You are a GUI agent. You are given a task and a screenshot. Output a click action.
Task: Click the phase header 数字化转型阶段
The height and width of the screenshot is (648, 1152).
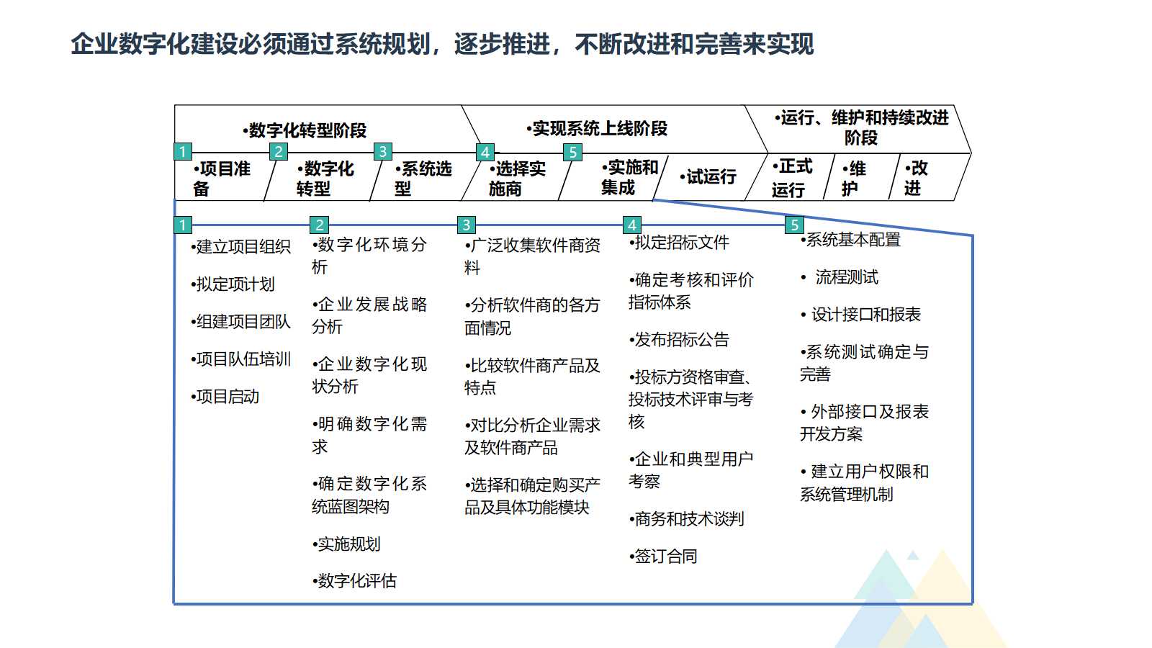(305, 130)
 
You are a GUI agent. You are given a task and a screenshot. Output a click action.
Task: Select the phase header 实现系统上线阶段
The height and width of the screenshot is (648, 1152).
(598, 129)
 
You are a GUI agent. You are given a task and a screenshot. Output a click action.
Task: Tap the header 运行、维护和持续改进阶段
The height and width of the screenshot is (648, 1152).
(862, 127)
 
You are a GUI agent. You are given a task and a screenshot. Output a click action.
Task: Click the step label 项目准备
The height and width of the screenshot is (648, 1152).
(221, 179)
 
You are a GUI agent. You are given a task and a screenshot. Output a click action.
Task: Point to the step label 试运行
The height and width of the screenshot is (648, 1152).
(709, 177)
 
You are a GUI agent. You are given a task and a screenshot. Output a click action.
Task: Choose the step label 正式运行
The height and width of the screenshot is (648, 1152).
(792, 178)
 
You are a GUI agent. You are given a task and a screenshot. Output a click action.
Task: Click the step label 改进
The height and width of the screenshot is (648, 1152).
(916, 178)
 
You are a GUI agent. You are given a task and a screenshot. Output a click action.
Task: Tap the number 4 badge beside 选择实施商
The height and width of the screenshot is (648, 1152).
(485, 152)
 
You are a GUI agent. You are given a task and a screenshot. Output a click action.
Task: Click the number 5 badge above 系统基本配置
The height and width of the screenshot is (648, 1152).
(794, 225)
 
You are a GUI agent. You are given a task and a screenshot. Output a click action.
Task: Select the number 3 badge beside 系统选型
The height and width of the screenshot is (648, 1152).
(382, 151)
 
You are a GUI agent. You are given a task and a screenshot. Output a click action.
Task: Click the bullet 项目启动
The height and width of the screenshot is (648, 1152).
(225, 397)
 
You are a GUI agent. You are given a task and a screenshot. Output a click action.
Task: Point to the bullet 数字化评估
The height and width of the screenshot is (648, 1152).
(355, 581)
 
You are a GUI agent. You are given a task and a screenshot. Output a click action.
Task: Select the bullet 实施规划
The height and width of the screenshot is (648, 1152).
(347, 544)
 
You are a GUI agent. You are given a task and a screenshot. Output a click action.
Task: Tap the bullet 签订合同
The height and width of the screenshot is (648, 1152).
(663, 557)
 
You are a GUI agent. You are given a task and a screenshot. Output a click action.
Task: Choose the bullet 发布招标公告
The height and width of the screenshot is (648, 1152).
(679, 340)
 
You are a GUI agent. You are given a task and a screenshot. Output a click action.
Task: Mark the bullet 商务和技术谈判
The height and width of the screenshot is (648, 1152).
(686, 519)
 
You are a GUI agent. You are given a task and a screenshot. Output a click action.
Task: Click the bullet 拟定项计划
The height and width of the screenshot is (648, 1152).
(233, 284)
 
